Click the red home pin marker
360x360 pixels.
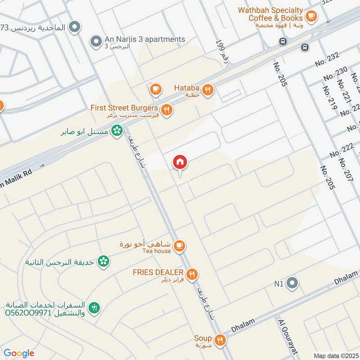coord(180,162)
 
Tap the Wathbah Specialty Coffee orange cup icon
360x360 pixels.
coord(310,16)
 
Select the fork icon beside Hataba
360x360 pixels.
coord(207,90)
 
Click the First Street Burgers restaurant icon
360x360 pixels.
coord(166,109)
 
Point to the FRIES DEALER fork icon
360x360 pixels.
coord(192,274)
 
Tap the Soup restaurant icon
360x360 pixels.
coord(220,339)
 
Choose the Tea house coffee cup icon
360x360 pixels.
coord(180,246)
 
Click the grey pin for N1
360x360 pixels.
coord(292,283)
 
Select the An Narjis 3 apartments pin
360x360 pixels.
coord(95,41)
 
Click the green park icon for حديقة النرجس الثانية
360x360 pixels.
coord(104,261)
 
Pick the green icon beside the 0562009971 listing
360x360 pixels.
coord(94,308)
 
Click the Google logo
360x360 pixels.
coord(19,353)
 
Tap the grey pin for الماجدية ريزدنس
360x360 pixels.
coord(75,27)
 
